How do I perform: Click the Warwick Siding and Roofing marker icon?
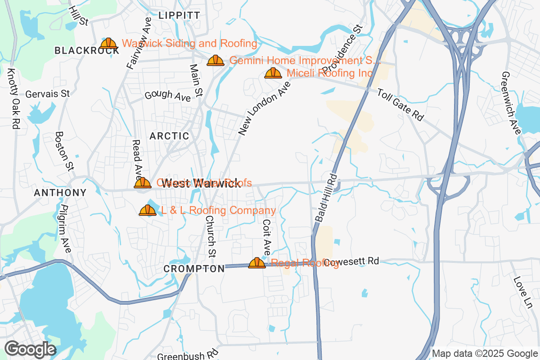pyautogui.click(x=108, y=44)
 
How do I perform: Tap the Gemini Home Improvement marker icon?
pyautogui.click(x=216, y=61)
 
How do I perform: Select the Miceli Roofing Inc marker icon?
pyautogui.click(x=273, y=73)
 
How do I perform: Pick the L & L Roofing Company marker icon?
pyautogui.click(x=147, y=210)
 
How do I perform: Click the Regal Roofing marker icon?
pyautogui.click(x=257, y=263)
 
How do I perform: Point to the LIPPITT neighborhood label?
pyautogui.click(x=179, y=15)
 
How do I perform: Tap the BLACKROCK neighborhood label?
pyautogui.click(x=87, y=50)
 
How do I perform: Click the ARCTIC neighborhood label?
pyautogui.click(x=169, y=136)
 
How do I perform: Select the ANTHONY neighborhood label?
pyautogui.click(x=60, y=193)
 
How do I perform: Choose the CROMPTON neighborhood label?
pyautogui.click(x=194, y=269)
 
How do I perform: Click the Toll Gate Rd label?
pyautogui.click(x=400, y=104)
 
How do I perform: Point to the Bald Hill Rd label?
pyautogui.click(x=326, y=197)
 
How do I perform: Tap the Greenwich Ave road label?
pyautogui.click(x=511, y=103)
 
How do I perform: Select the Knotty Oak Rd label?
pyautogui.click(x=13, y=99)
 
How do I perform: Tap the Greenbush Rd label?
pyautogui.click(x=188, y=355)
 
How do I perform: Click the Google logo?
pyautogui.click(x=30, y=349)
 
